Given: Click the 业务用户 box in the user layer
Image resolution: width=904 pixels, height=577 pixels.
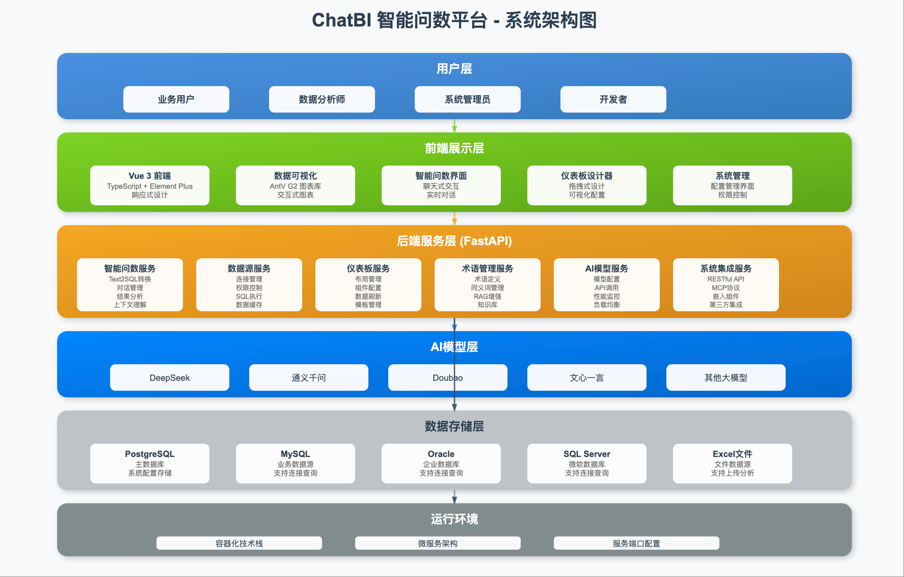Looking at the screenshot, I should click(176, 99).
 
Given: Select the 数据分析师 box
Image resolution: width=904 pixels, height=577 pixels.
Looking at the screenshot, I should click(322, 99).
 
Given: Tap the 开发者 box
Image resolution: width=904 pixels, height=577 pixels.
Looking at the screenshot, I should click(613, 99).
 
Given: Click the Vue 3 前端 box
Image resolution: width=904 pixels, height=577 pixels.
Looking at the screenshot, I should click(149, 185).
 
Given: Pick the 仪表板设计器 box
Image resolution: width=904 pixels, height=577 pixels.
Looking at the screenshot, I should click(587, 185).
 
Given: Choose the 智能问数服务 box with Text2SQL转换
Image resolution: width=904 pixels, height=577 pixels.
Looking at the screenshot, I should click(130, 285).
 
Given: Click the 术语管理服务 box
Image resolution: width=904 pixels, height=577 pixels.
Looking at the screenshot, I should click(487, 285).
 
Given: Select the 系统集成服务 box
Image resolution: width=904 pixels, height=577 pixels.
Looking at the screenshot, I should click(726, 285).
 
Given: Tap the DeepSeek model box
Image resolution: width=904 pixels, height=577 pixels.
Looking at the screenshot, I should click(169, 377).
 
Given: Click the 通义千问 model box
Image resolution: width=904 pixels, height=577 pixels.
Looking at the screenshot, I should click(308, 377).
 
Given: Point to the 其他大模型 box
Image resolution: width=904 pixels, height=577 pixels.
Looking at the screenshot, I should click(726, 377).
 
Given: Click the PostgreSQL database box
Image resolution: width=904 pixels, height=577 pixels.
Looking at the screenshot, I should click(149, 463).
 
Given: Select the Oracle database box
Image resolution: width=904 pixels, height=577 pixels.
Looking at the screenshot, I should click(441, 463).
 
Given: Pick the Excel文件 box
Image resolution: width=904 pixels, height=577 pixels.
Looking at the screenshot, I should click(732, 463).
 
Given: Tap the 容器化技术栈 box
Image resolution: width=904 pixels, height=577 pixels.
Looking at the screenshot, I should click(239, 543).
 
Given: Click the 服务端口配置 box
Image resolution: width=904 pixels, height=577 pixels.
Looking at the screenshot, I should click(636, 543).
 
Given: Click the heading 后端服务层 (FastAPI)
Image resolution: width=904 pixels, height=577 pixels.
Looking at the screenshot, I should click(454, 241).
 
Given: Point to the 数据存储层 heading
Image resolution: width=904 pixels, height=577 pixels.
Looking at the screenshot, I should click(454, 426).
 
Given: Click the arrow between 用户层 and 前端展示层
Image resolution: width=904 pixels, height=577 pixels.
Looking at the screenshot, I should click(454, 126).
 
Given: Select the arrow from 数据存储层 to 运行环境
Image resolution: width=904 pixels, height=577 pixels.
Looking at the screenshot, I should click(454, 497).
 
